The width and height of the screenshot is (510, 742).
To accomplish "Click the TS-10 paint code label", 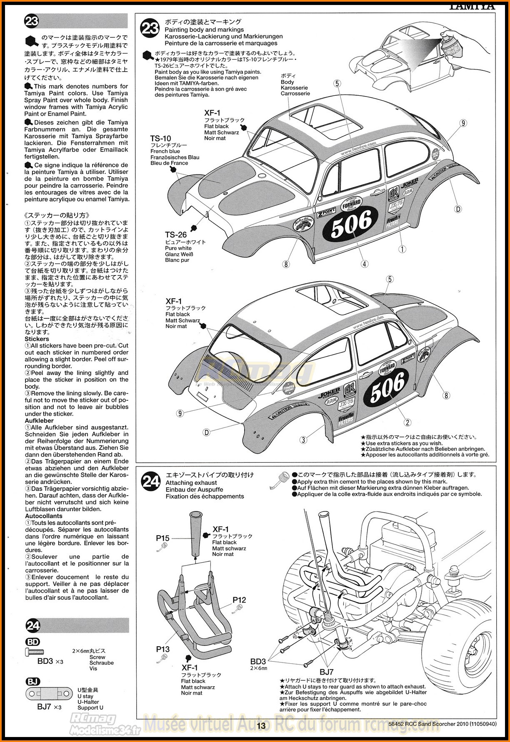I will click(160, 139).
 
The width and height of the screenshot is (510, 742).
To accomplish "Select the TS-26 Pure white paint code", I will click(175, 235).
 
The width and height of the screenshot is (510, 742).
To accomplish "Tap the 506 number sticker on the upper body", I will click(351, 224).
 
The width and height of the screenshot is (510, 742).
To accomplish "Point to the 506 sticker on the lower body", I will click(387, 387).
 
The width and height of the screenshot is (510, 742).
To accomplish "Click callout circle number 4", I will click(365, 264).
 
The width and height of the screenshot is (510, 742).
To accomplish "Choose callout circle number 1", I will click(402, 249).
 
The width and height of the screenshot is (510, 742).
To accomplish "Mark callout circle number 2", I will click(407, 422).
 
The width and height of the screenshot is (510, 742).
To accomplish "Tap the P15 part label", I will click(162, 538).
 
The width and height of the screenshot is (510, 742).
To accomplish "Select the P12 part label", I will click(239, 600).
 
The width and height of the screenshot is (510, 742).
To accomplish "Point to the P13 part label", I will click(163, 649).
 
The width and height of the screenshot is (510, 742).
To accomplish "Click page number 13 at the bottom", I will click(261, 726).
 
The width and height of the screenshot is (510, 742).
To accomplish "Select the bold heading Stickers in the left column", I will click(37, 339).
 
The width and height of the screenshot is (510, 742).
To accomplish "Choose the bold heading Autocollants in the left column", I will click(43, 516).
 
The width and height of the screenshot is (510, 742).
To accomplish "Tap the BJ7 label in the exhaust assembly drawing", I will click(327, 672).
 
